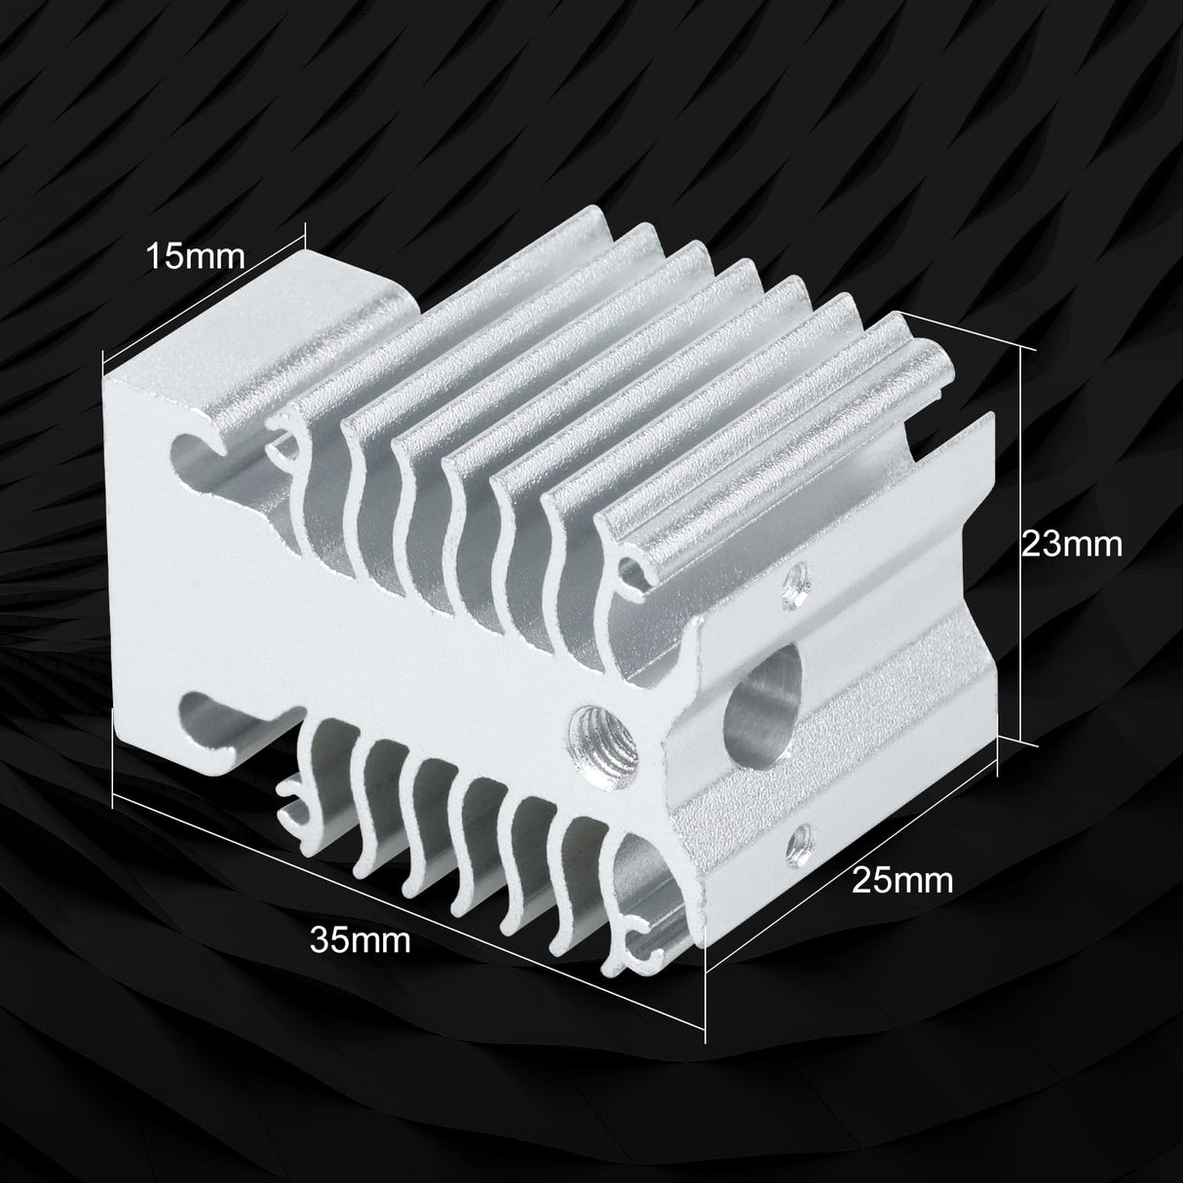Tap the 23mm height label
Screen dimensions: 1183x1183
[1071, 543]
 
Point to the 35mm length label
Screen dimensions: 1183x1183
[361, 940]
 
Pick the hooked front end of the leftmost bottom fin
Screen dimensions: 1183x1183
[292, 799]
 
